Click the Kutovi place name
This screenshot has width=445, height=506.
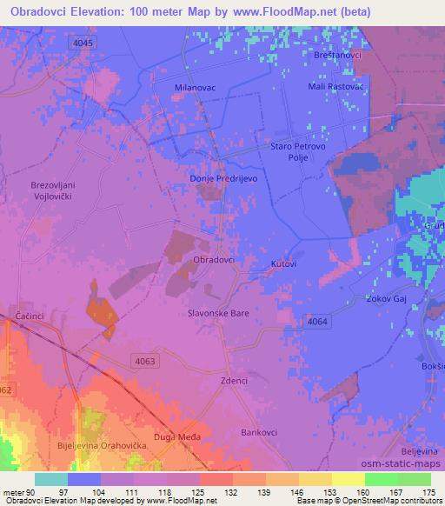pos(283,263)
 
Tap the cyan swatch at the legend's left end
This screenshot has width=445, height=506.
pos(50,479)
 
